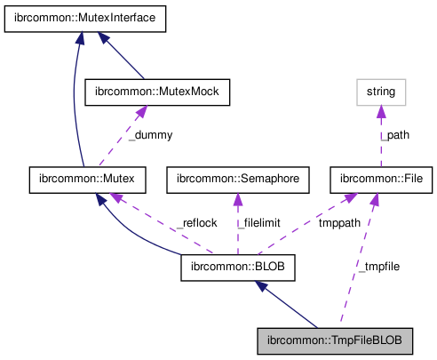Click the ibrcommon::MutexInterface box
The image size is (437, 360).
coord(85,19)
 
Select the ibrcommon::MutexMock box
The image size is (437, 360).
coord(156,91)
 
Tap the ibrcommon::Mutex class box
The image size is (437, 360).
coord(82,179)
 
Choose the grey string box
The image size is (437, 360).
coord(380,91)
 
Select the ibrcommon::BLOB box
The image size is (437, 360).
coord(237,265)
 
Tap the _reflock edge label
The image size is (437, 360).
coord(195,222)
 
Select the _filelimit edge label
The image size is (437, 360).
coord(258,222)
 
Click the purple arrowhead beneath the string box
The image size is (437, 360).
coord(380,110)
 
